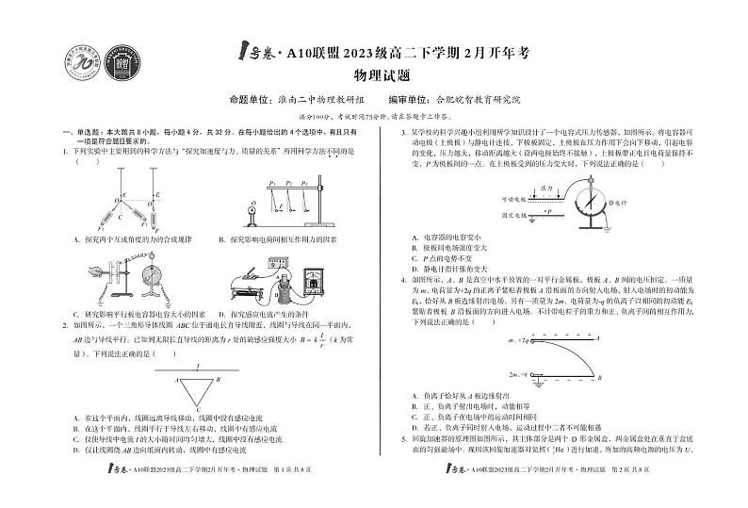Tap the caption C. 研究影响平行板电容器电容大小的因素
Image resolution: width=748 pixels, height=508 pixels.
point(138,314)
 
